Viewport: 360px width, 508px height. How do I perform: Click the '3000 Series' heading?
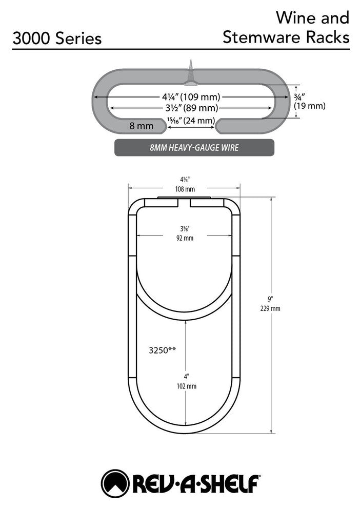pos(57,38)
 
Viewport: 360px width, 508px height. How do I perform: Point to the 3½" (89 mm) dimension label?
pos(192,108)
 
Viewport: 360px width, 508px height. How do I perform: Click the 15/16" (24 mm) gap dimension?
pos(191,121)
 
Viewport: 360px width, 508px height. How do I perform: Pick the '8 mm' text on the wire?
pos(142,126)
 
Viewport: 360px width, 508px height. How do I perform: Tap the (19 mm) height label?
pos(310,106)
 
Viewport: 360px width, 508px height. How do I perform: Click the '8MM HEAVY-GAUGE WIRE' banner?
pos(194,148)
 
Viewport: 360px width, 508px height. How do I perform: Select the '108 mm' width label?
pos(185,189)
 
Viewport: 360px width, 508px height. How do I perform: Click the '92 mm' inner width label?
pos(185,238)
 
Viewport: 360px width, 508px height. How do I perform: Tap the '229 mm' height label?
pos(270,308)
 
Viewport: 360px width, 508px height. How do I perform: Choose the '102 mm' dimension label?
pos(187,386)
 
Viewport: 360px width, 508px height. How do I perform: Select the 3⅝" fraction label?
pos(185,229)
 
